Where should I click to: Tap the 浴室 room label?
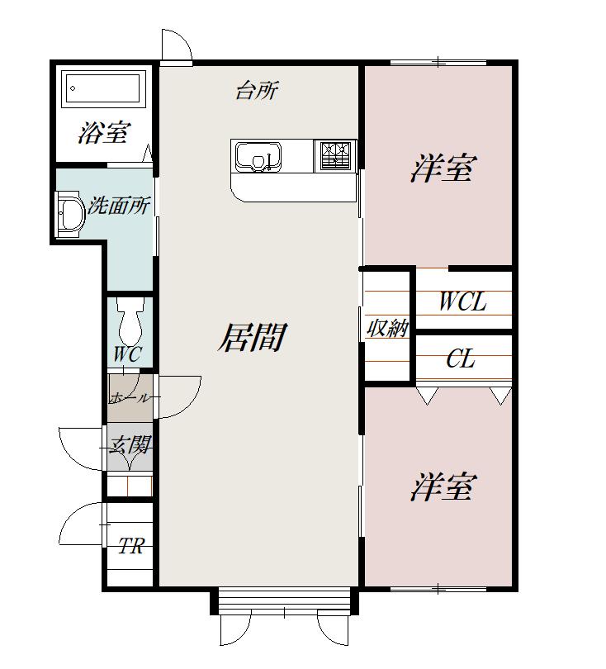pyautogui.click(x=104, y=133)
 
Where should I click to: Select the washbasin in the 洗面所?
pyautogui.click(x=69, y=212)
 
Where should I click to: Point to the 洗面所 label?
pyautogui.click(x=119, y=206)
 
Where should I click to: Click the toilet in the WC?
pyautogui.click(x=130, y=320)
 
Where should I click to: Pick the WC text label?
pyautogui.click(x=127, y=354)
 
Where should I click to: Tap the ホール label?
pyautogui.click(x=130, y=398)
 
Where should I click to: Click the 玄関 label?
pyautogui.click(x=130, y=446)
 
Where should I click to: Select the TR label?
pyautogui.click(x=131, y=546)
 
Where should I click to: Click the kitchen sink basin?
pyautogui.click(x=258, y=157)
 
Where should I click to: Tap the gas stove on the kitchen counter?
pyautogui.click(x=334, y=155)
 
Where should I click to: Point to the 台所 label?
pyautogui.click(x=257, y=91)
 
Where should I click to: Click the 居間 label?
pyautogui.click(x=253, y=337)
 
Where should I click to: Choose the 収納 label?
pyautogui.click(x=388, y=328)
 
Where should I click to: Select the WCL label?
pyautogui.click(x=462, y=301)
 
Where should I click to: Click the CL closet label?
pyautogui.click(x=461, y=358)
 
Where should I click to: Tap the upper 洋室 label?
pyautogui.click(x=442, y=168)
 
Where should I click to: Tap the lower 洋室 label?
pyautogui.click(x=443, y=486)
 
